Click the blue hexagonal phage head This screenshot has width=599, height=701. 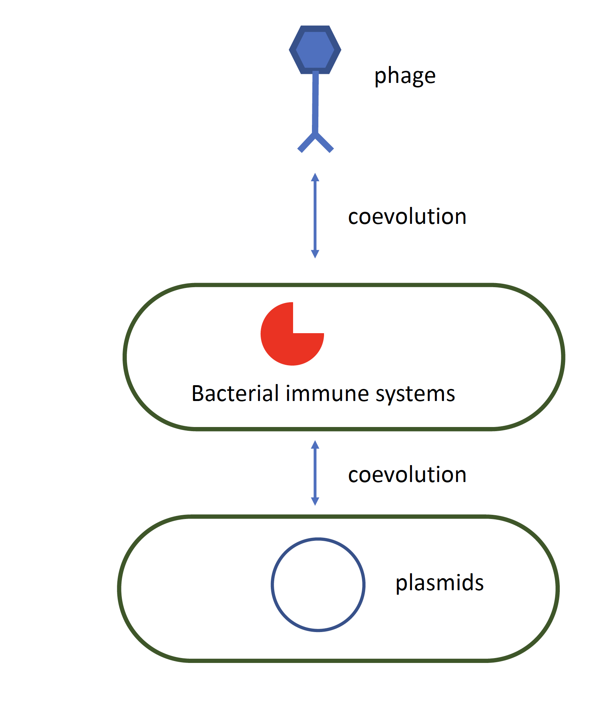[315, 49]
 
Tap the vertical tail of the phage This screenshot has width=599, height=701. [315, 102]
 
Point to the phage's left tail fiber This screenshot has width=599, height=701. [306, 143]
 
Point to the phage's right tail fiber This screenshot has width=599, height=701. [325, 143]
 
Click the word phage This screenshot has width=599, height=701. [405, 76]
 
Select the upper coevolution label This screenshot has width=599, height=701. [407, 217]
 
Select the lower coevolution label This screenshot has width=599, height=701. [407, 474]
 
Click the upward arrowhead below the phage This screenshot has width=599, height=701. [315, 178]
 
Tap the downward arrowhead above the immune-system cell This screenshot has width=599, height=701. [315, 254]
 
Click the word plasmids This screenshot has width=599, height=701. [439, 583]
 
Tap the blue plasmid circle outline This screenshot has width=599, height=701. [272, 585]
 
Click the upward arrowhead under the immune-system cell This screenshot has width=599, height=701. [315, 445]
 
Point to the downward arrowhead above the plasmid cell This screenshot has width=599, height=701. [315, 501]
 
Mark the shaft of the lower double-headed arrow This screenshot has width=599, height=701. [315, 473]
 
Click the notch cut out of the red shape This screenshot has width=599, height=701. [308, 318]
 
